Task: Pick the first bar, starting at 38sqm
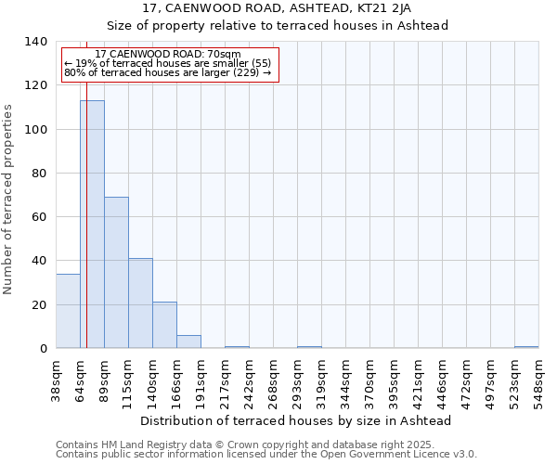(68, 311)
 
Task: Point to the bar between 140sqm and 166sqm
(164, 325)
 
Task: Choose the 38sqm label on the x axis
(57, 380)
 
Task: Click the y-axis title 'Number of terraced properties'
(9, 200)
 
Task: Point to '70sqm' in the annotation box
(224, 55)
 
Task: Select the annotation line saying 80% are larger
(167, 73)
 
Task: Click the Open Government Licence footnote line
(266, 454)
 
